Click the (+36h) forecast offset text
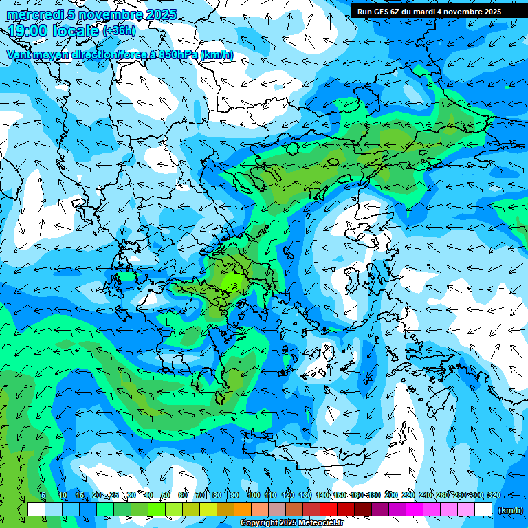click(119, 31)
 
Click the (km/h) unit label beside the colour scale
click(510, 510)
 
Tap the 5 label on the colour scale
click(43, 496)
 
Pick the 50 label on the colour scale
click(166, 496)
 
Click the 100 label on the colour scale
click(253, 496)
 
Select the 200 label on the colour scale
click(391, 496)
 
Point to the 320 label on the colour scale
click(494, 496)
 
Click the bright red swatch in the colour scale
click(329, 509)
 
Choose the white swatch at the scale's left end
click(36, 509)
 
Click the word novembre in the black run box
click(458, 11)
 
